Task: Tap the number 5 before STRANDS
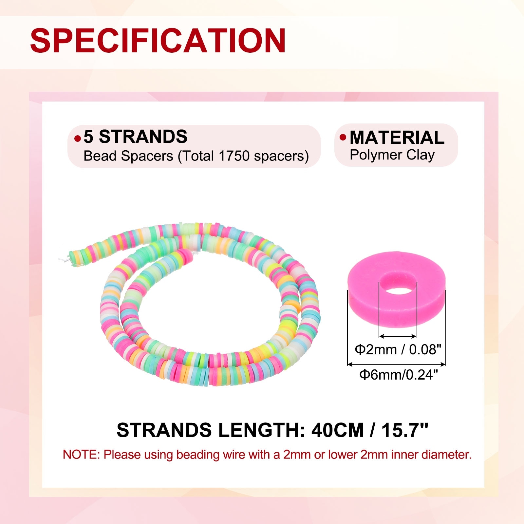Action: point(88,137)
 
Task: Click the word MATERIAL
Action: point(397,137)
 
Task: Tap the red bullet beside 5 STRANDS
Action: point(78,139)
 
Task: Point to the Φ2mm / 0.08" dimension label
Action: point(398,349)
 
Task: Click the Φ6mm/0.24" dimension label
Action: point(399,374)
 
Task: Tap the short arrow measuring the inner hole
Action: point(398,336)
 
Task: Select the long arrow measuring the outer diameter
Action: point(397,364)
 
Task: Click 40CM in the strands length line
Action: point(337,430)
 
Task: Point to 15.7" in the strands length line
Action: point(405,430)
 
